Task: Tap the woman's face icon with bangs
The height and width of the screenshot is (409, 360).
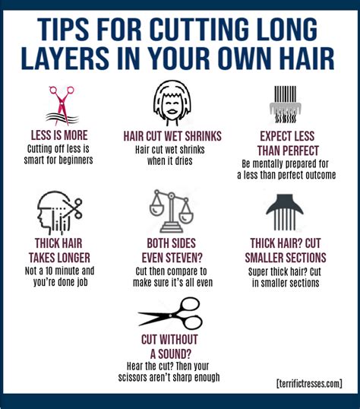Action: [x=172, y=103]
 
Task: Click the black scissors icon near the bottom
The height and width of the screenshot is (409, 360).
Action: [x=170, y=313]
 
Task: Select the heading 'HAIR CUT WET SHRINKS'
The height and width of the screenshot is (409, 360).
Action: [x=172, y=136]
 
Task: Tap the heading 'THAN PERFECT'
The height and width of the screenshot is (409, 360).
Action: [x=289, y=150]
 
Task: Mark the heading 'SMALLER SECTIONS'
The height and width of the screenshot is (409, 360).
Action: [x=288, y=258]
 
